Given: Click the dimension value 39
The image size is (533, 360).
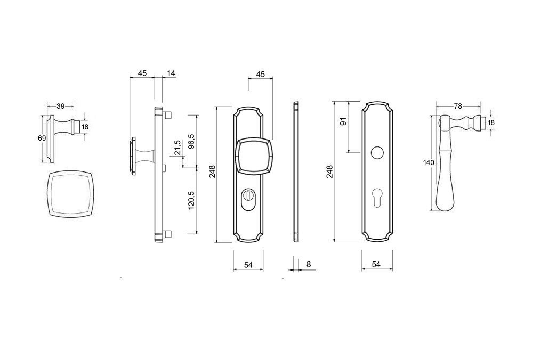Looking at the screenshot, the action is tap(61, 107).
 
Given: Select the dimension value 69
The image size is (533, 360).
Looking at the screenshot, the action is tap(42, 138).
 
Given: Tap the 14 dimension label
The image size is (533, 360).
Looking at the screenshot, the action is tap(171, 73).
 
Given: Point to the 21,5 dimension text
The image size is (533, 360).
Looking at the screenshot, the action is tap(177, 148).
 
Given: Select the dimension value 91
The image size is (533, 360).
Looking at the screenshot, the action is tap(343, 121).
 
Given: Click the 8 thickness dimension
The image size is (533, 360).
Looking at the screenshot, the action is tap(308, 264).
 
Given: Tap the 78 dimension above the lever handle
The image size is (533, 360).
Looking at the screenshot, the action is tap(458, 107).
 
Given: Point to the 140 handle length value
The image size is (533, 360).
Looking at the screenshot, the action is tap(429, 162).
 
